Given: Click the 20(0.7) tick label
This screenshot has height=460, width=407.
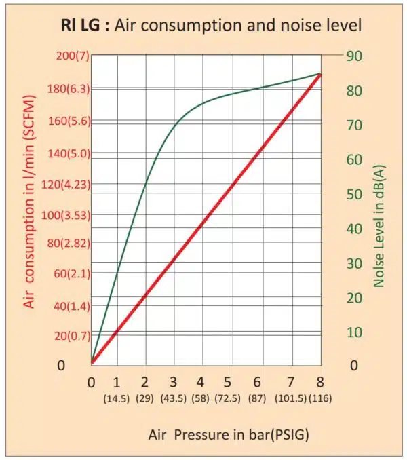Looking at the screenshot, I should pyautogui.click(x=65, y=335).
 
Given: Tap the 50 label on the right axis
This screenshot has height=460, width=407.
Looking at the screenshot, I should pyautogui.click(x=357, y=194).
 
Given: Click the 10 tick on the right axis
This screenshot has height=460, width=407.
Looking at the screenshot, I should pyautogui.click(x=357, y=332).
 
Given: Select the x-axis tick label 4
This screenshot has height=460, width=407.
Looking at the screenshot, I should pyautogui.click(x=201, y=382).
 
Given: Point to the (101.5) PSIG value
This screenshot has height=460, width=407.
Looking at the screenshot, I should pyautogui.click(x=292, y=400).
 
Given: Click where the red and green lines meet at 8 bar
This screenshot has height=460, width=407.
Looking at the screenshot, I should pyautogui.click(x=319, y=74).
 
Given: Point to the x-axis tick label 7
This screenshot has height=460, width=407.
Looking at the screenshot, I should pyautogui.click(x=291, y=382).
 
